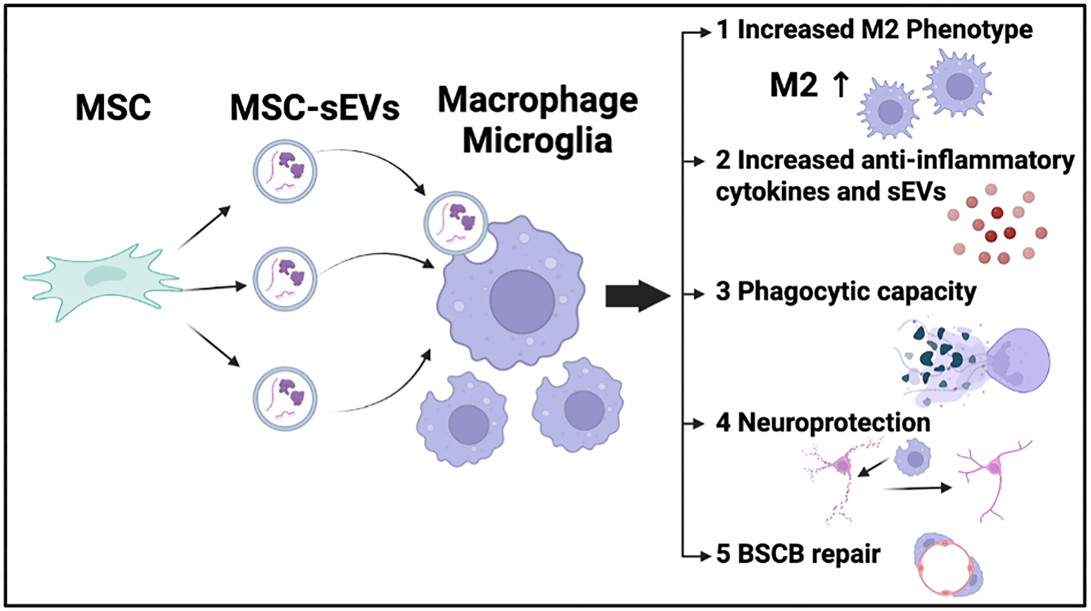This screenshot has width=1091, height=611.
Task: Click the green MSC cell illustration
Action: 103,281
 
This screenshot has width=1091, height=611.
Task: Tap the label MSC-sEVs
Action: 314,108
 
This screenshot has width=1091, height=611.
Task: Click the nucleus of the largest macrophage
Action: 522,301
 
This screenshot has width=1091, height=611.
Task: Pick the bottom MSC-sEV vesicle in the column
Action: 285,398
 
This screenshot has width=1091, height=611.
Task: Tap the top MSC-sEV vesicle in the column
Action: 285,171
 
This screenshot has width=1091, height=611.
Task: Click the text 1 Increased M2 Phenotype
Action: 874,30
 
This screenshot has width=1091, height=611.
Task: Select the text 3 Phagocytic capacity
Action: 846,292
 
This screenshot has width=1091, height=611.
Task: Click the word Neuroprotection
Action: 834,422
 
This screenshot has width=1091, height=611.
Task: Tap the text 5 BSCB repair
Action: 798,554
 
